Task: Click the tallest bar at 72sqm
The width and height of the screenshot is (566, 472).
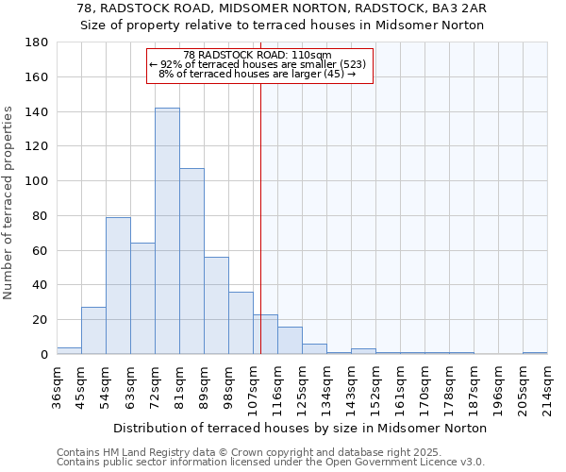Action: (167, 231)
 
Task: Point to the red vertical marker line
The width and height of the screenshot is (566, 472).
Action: (260, 217)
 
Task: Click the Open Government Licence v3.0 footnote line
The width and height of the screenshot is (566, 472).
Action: (270, 463)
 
